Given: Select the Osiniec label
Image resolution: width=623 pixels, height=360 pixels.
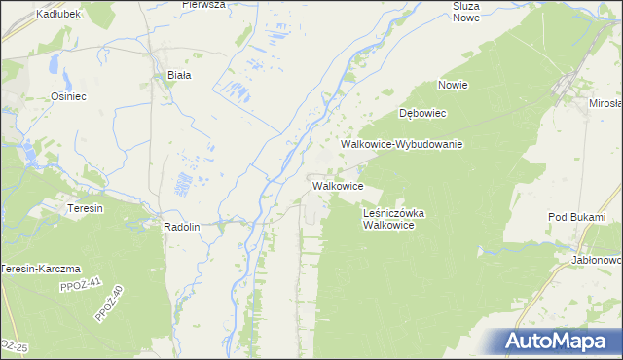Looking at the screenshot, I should tap(70, 96).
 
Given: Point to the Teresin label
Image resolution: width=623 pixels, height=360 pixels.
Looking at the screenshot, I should tap(85, 208).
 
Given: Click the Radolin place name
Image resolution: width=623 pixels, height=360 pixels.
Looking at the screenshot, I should tap(182, 226).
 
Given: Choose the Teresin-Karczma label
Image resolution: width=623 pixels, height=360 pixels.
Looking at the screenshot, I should tap(41, 269).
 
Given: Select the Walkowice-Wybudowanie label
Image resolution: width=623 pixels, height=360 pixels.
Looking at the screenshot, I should tap(401, 144).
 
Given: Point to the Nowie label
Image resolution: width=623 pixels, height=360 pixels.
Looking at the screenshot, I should tap(453, 85).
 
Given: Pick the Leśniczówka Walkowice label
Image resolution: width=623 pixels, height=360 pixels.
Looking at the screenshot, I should tap(394, 218).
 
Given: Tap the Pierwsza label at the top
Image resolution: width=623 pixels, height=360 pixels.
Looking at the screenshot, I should tap(203, 5).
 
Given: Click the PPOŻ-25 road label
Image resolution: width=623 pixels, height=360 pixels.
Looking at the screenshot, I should tap(12, 345).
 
